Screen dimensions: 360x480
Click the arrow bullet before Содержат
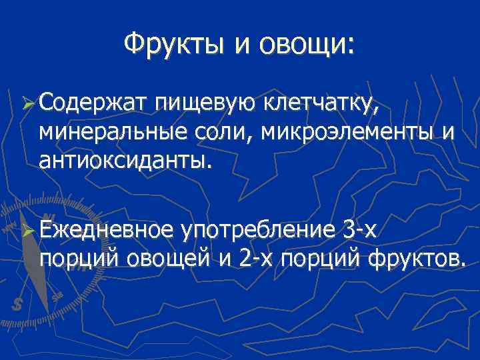[x=27, y=104]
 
